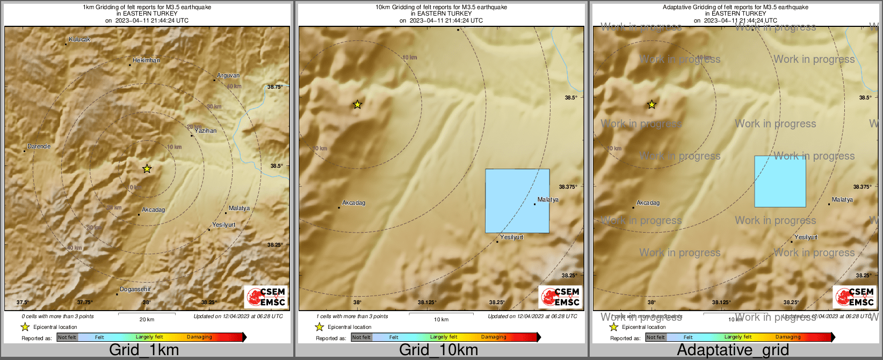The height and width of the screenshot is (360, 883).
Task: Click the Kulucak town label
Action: pos(79,40)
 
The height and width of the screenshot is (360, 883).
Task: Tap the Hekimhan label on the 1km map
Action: pos(146,61)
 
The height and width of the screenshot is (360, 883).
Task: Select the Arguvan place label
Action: pos(228,76)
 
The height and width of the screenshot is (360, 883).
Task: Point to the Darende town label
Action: pos(39,146)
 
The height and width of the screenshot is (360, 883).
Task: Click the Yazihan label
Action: pos(206,131)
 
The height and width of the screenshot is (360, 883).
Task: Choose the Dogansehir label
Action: pos(135,290)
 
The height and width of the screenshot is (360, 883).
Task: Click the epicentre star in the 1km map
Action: pos(147,169)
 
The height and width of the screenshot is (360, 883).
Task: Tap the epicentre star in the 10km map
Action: pos(357,104)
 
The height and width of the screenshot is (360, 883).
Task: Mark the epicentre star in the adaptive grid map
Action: pos(652,104)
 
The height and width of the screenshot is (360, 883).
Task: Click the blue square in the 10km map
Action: pos(517,201)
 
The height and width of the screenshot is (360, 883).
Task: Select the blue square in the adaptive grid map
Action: pos(780,181)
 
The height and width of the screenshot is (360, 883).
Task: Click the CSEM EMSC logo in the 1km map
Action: pos(266,297)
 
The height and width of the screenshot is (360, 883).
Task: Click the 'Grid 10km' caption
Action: pos(438,350)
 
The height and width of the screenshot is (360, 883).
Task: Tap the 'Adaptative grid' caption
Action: pos(733,350)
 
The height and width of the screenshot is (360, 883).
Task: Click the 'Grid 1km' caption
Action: pos(144,350)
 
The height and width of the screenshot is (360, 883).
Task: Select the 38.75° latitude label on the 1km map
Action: pos(275,87)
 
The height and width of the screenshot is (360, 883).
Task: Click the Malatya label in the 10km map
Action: pos(548,200)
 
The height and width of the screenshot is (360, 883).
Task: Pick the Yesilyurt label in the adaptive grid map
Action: pos(806,237)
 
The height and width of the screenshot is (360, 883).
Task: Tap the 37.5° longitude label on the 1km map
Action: pos(23,303)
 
